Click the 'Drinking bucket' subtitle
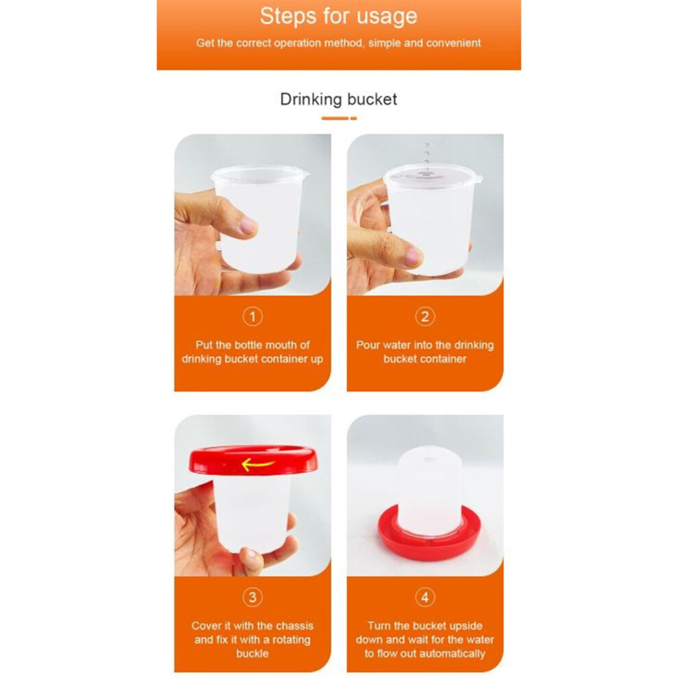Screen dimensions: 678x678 click(338, 99)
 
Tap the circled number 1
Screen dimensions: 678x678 click(253, 316)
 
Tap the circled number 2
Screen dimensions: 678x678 click(425, 316)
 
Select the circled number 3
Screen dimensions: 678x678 click(253, 597)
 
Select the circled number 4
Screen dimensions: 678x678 click(425, 597)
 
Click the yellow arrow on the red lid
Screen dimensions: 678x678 click(258, 464)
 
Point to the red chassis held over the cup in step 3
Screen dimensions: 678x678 click(253, 460)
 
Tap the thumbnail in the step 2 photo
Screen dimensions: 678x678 click(412, 256)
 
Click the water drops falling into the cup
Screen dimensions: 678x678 click(427, 155)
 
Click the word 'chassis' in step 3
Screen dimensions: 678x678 click(294, 626)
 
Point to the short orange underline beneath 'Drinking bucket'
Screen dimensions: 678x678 click(339, 118)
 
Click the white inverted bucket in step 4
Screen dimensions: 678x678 click(429, 488)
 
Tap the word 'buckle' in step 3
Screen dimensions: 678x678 click(253, 653)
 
